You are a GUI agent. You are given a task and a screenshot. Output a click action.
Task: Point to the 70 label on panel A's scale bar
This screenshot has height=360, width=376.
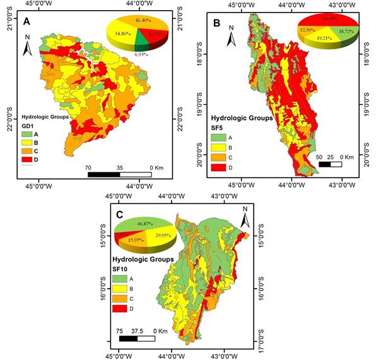(88, 168)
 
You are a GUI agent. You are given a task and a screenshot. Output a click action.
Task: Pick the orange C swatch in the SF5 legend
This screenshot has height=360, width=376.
(218, 157)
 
